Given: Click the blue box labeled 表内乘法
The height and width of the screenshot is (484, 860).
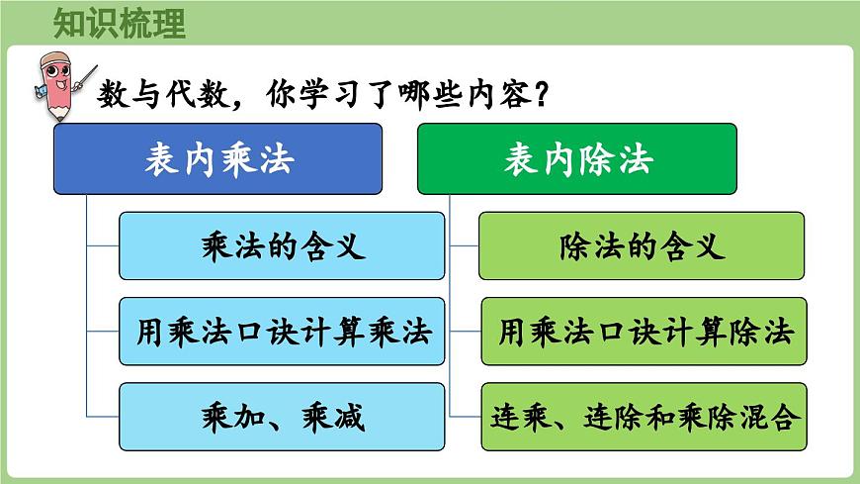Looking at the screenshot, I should click(x=217, y=158).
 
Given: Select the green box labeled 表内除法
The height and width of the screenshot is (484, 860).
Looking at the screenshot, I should click(x=576, y=158).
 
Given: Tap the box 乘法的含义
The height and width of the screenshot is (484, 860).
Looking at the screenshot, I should click(x=282, y=245).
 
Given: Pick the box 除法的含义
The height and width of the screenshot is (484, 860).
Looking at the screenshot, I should click(x=642, y=245).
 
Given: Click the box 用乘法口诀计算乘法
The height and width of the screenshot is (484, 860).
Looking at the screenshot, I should click(x=282, y=332).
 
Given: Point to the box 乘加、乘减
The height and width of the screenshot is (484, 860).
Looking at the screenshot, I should click(x=282, y=417).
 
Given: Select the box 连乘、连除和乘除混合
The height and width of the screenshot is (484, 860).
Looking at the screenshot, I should click(x=645, y=417).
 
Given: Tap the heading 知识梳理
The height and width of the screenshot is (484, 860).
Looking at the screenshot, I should click(x=120, y=23).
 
